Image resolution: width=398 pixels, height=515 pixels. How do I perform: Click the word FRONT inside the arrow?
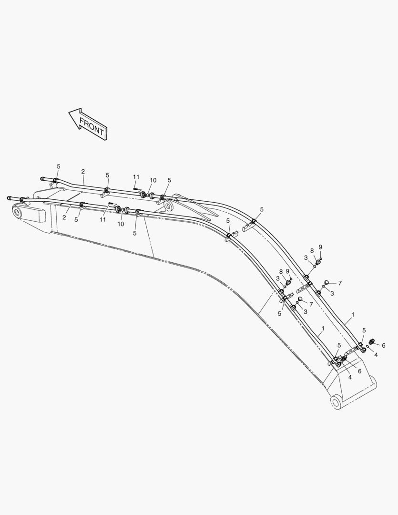(x=92, y=127)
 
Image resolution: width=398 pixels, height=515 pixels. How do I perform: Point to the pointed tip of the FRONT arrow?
(x=69, y=113)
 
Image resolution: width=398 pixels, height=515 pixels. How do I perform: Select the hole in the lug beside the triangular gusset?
(x=169, y=206)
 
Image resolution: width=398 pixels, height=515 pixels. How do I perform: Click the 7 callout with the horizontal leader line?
(x=340, y=283)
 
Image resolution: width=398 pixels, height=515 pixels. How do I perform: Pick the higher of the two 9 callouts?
(x=320, y=247)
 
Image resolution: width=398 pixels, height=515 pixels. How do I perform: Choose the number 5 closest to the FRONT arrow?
(x=59, y=166)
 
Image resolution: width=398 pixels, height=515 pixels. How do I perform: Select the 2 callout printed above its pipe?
(x=83, y=172)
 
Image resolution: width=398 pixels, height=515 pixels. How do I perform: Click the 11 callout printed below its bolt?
(x=103, y=219)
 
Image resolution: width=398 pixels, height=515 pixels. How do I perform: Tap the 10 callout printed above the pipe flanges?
(x=153, y=180)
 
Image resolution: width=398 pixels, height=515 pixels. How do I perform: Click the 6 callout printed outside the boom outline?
(x=384, y=346)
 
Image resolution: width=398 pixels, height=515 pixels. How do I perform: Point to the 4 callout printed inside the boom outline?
(x=350, y=377)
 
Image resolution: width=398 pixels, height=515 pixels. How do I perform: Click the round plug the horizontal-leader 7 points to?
(x=327, y=282)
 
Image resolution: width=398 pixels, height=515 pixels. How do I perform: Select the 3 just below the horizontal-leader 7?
(x=332, y=294)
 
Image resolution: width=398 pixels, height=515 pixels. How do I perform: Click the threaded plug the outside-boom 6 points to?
(x=372, y=341)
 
